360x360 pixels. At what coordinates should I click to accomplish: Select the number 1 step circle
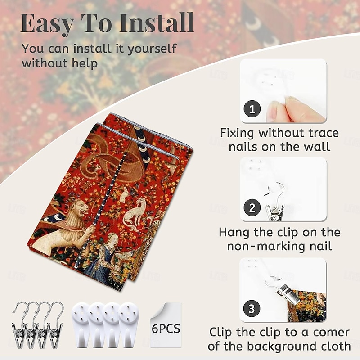(x=252, y=108)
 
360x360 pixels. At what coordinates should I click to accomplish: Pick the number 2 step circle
(x=252, y=208)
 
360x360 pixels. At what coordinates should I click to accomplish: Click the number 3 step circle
(x=252, y=308)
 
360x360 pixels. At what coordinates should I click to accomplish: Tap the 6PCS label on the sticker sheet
(x=166, y=328)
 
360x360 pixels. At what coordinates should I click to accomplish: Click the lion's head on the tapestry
(x=79, y=210)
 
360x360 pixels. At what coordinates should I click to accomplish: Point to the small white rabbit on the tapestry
(x=124, y=194)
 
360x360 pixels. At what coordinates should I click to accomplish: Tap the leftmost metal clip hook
(x=19, y=324)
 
